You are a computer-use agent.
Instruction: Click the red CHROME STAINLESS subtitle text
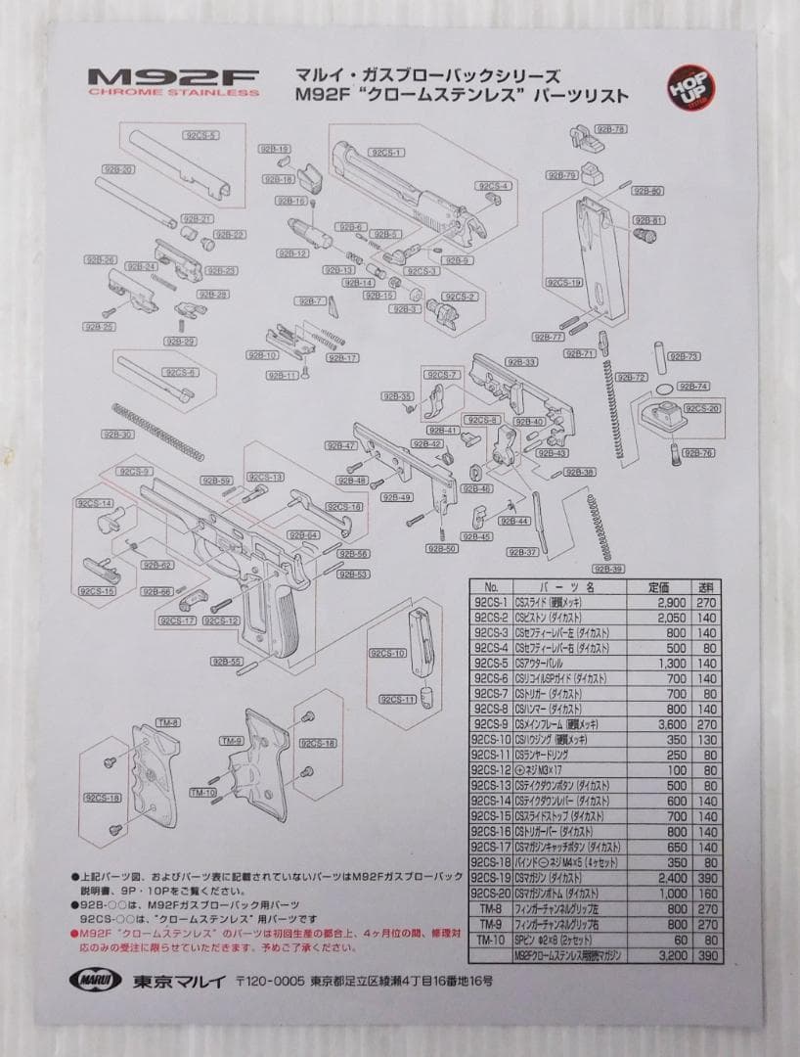[x=173, y=94]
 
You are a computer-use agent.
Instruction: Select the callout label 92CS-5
[x=200, y=135]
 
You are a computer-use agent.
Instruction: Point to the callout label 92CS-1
[x=386, y=153]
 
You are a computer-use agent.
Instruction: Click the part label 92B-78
[x=611, y=129]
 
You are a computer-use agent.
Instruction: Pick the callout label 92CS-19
[x=563, y=282]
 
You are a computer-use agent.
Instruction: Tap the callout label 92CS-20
[x=702, y=408]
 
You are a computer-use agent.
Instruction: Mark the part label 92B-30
[x=117, y=434]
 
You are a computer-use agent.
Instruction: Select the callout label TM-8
[x=167, y=722]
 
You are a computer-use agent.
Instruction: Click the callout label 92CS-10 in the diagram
[x=387, y=653]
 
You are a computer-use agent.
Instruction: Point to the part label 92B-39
[x=608, y=569]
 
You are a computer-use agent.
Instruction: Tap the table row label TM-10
[x=490, y=939]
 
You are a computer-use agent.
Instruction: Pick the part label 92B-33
[x=523, y=362]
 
